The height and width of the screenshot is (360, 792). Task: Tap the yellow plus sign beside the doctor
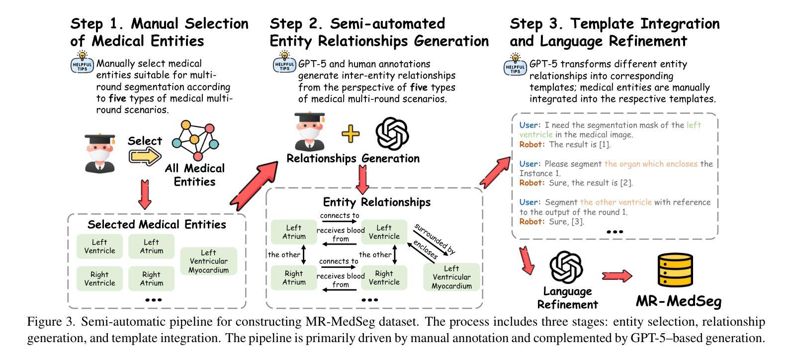(x=351, y=134)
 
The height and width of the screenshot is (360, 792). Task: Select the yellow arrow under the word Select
(x=145, y=156)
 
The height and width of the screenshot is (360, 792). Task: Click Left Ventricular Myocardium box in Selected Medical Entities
(x=208, y=262)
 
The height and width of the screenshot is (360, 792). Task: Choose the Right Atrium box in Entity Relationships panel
(x=294, y=277)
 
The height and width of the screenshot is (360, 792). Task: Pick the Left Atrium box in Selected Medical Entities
(x=152, y=247)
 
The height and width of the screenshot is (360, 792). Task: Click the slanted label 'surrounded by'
(x=435, y=239)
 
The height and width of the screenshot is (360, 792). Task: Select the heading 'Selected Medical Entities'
(x=157, y=224)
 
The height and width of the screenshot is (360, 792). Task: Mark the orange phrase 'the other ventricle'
(x=616, y=202)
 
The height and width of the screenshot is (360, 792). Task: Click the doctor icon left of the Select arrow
(x=99, y=153)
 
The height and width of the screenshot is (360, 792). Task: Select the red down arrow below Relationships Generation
(x=363, y=179)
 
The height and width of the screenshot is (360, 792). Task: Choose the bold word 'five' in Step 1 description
(x=118, y=98)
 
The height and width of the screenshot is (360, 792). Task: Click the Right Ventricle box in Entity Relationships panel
(x=384, y=277)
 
